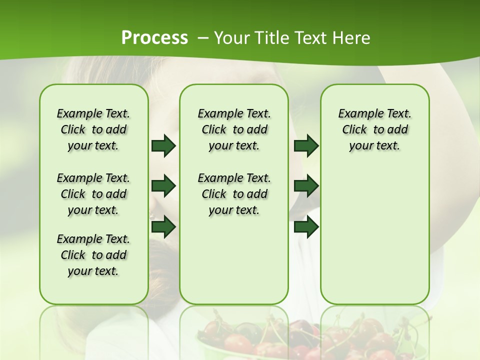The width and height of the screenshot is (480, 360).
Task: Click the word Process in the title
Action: click(154, 38)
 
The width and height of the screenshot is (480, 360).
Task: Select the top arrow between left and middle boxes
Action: click(163, 146)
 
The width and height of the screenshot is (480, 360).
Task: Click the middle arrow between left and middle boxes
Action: click(163, 186)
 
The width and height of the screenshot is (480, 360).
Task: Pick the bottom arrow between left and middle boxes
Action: click(163, 226)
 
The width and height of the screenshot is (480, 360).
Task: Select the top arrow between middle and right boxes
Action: click(306, 146)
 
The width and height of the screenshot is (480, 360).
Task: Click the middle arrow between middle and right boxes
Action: click(306, 186)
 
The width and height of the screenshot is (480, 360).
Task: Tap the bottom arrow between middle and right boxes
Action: click(306, 226)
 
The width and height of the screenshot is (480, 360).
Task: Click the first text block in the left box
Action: click(93, 129)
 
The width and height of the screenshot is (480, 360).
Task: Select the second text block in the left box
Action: click(93, 194)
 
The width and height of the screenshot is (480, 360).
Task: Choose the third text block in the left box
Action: click(93, 255)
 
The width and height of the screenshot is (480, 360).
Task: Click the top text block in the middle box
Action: click(234, 129)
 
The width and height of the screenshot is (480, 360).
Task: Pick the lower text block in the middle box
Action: click(234, 194)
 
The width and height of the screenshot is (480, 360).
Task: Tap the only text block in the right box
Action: click(374, 129)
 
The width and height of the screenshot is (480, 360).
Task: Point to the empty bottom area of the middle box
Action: click(234, 260)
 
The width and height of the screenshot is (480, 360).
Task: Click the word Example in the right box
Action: click(357, 113)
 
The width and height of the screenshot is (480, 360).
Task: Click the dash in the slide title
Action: click(203, 38)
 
